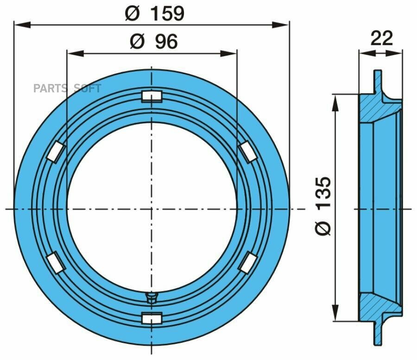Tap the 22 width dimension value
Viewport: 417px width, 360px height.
[381, 38]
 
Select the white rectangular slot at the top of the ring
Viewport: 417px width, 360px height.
[152, 96]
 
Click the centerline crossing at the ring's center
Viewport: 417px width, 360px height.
[152, 208]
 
